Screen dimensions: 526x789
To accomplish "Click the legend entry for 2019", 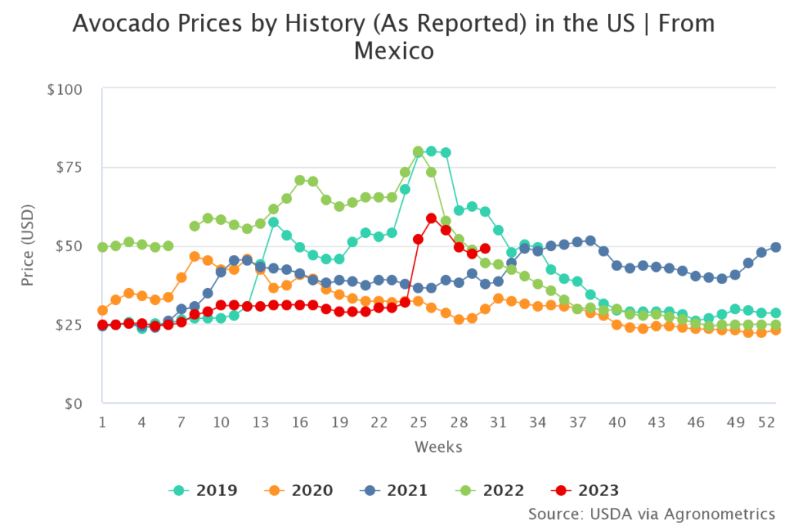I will [203, 490].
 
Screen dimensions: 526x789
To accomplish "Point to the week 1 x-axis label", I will [102, 423].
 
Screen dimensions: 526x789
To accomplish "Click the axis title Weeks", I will [438, 447].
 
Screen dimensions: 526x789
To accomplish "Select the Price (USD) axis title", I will [29, 245].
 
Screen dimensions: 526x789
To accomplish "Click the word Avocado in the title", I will [113, 25].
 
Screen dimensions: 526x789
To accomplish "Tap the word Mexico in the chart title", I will [394, 52].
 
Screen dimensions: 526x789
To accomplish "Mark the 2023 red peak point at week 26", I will [431, 219].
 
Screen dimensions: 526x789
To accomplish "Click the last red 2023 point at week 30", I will [485, 249].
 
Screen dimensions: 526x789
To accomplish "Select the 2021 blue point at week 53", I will [776, 247].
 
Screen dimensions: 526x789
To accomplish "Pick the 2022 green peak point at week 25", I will [418, 152].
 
